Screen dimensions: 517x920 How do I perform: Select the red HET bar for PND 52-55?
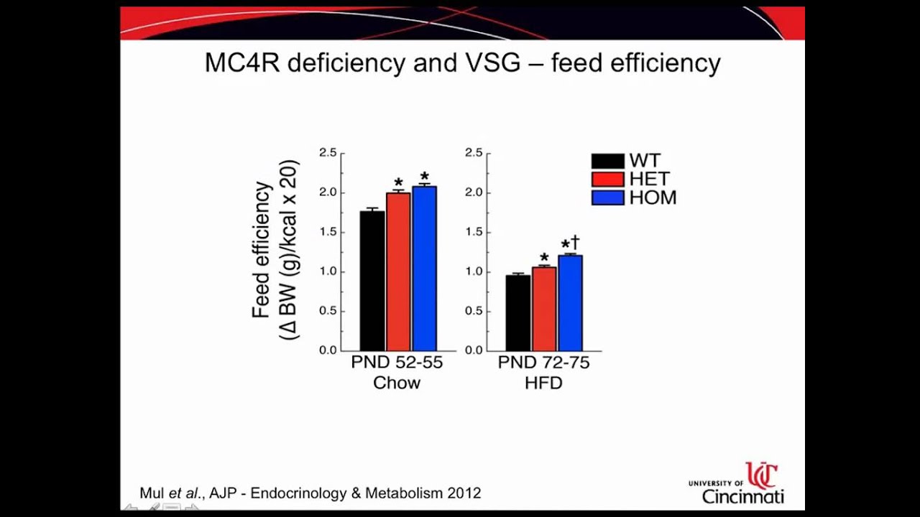coord(398,271)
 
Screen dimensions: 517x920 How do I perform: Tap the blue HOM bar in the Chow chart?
coord(424,268)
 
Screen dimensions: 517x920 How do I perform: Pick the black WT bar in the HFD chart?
coord(517,312)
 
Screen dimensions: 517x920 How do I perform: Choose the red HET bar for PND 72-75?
coord(544,309)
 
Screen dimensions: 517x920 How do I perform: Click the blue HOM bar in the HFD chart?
coord(570,302)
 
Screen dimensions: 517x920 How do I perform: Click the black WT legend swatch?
coord(607,161)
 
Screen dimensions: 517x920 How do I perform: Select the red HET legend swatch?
coord(607,179)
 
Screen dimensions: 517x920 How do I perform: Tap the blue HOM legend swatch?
coord(607,197)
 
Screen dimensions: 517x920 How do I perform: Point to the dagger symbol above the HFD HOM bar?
coord(575,243)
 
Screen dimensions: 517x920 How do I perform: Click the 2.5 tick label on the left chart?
coord(328,152)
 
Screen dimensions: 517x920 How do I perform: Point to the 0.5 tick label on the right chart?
coord(474,311)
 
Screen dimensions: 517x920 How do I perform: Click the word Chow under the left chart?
coord(397,383)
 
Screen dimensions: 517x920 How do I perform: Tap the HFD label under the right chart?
coord(543,383)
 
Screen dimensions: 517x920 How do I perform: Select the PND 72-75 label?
coord(543,363)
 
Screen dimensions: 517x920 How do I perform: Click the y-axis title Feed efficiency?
coord(262,250)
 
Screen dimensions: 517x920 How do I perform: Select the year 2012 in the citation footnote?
coord(464,493)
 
